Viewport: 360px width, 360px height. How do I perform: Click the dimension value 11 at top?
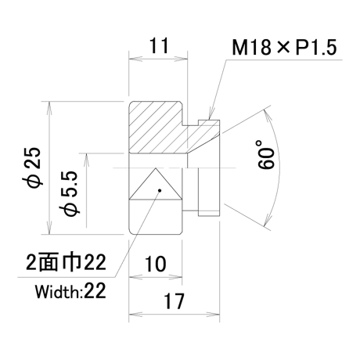[x=159, y=45]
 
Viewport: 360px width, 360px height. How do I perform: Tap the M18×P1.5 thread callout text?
[x=284, y=48]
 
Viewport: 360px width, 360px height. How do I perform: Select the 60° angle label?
[x=266, y=155]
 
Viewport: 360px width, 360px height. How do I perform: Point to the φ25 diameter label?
[x=32, y=167]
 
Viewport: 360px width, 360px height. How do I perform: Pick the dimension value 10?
[x=155, y=264]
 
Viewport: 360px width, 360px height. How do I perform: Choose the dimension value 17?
[x=174, y=301]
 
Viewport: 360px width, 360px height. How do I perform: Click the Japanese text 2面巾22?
[x=66, y=262]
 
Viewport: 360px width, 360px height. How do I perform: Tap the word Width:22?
[x=70, y=291]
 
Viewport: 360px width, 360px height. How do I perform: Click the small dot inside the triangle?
[x=160, y=190]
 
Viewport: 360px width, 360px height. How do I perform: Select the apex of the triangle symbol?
[x=156, y=168]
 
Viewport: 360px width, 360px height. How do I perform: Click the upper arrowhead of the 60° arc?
[x=268, y=115]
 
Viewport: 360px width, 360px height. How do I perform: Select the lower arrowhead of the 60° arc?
[x=268, y=220]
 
